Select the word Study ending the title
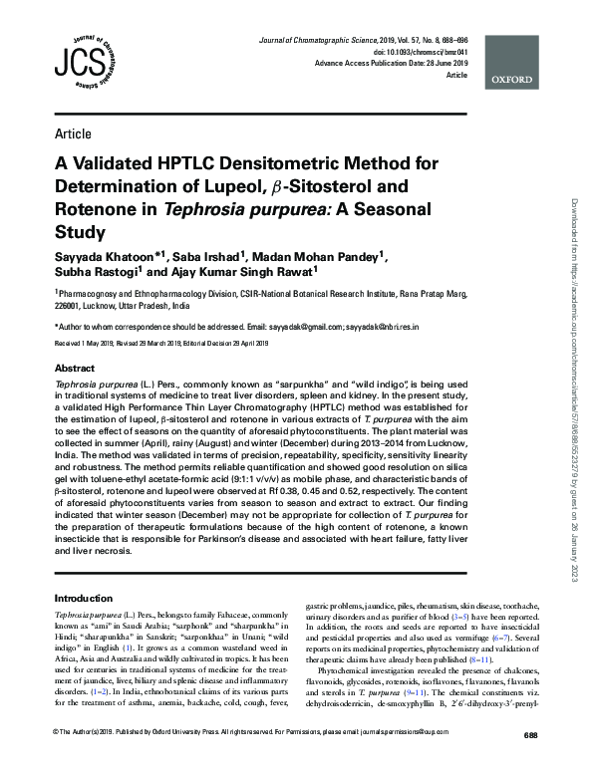(79, 234)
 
